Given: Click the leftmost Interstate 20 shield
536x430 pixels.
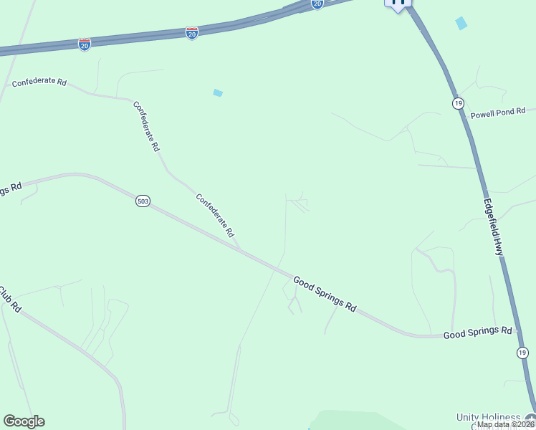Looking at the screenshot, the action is coord(85,44).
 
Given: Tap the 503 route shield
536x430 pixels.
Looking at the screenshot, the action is coord(143,201).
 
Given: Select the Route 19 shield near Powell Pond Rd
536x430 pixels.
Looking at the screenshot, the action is coord(458,103).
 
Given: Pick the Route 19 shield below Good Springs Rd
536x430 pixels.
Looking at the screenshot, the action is coord(522,352).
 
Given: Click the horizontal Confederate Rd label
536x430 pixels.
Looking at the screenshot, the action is coord(39,82).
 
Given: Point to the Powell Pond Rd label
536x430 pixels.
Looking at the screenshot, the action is coord(497,113).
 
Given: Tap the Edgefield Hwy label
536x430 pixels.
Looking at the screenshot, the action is coord(493,227).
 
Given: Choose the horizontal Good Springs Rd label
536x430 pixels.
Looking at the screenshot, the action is coord(478,333).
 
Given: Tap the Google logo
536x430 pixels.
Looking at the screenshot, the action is coord(24,421).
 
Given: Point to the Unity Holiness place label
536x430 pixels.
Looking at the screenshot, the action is coord(490,418).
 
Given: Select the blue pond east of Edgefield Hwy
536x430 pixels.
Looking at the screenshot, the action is coord(461,23).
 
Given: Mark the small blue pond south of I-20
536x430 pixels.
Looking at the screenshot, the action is coord(218,92).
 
